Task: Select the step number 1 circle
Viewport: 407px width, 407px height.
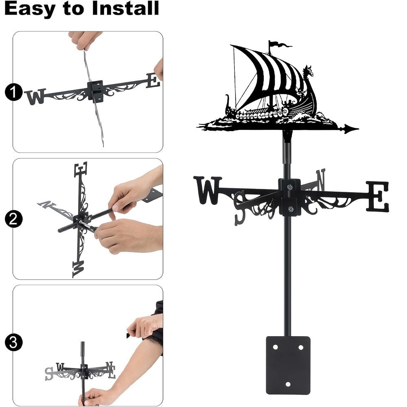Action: (x=13, y=93)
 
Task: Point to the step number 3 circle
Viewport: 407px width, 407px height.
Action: (x=13, y=342)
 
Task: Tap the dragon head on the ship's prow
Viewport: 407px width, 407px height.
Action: (x=309, y=72)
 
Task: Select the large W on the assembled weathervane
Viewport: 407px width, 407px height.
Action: (x=208, y=190)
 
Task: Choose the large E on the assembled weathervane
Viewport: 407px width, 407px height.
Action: (x=377, y=197)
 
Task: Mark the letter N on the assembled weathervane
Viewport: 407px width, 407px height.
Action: (x=321, y=179)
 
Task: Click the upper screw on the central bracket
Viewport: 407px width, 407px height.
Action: (x=290, y=187)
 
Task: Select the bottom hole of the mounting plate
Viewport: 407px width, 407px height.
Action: (x=288, y=384)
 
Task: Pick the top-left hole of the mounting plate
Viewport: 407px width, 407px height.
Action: (x=275, y=347)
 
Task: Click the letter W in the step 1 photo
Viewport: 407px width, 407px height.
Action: (x=35, y=97)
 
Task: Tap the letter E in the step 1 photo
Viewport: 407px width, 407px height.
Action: (x=153, y=80)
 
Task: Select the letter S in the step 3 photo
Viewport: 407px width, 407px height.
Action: (x=49, y=373)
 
